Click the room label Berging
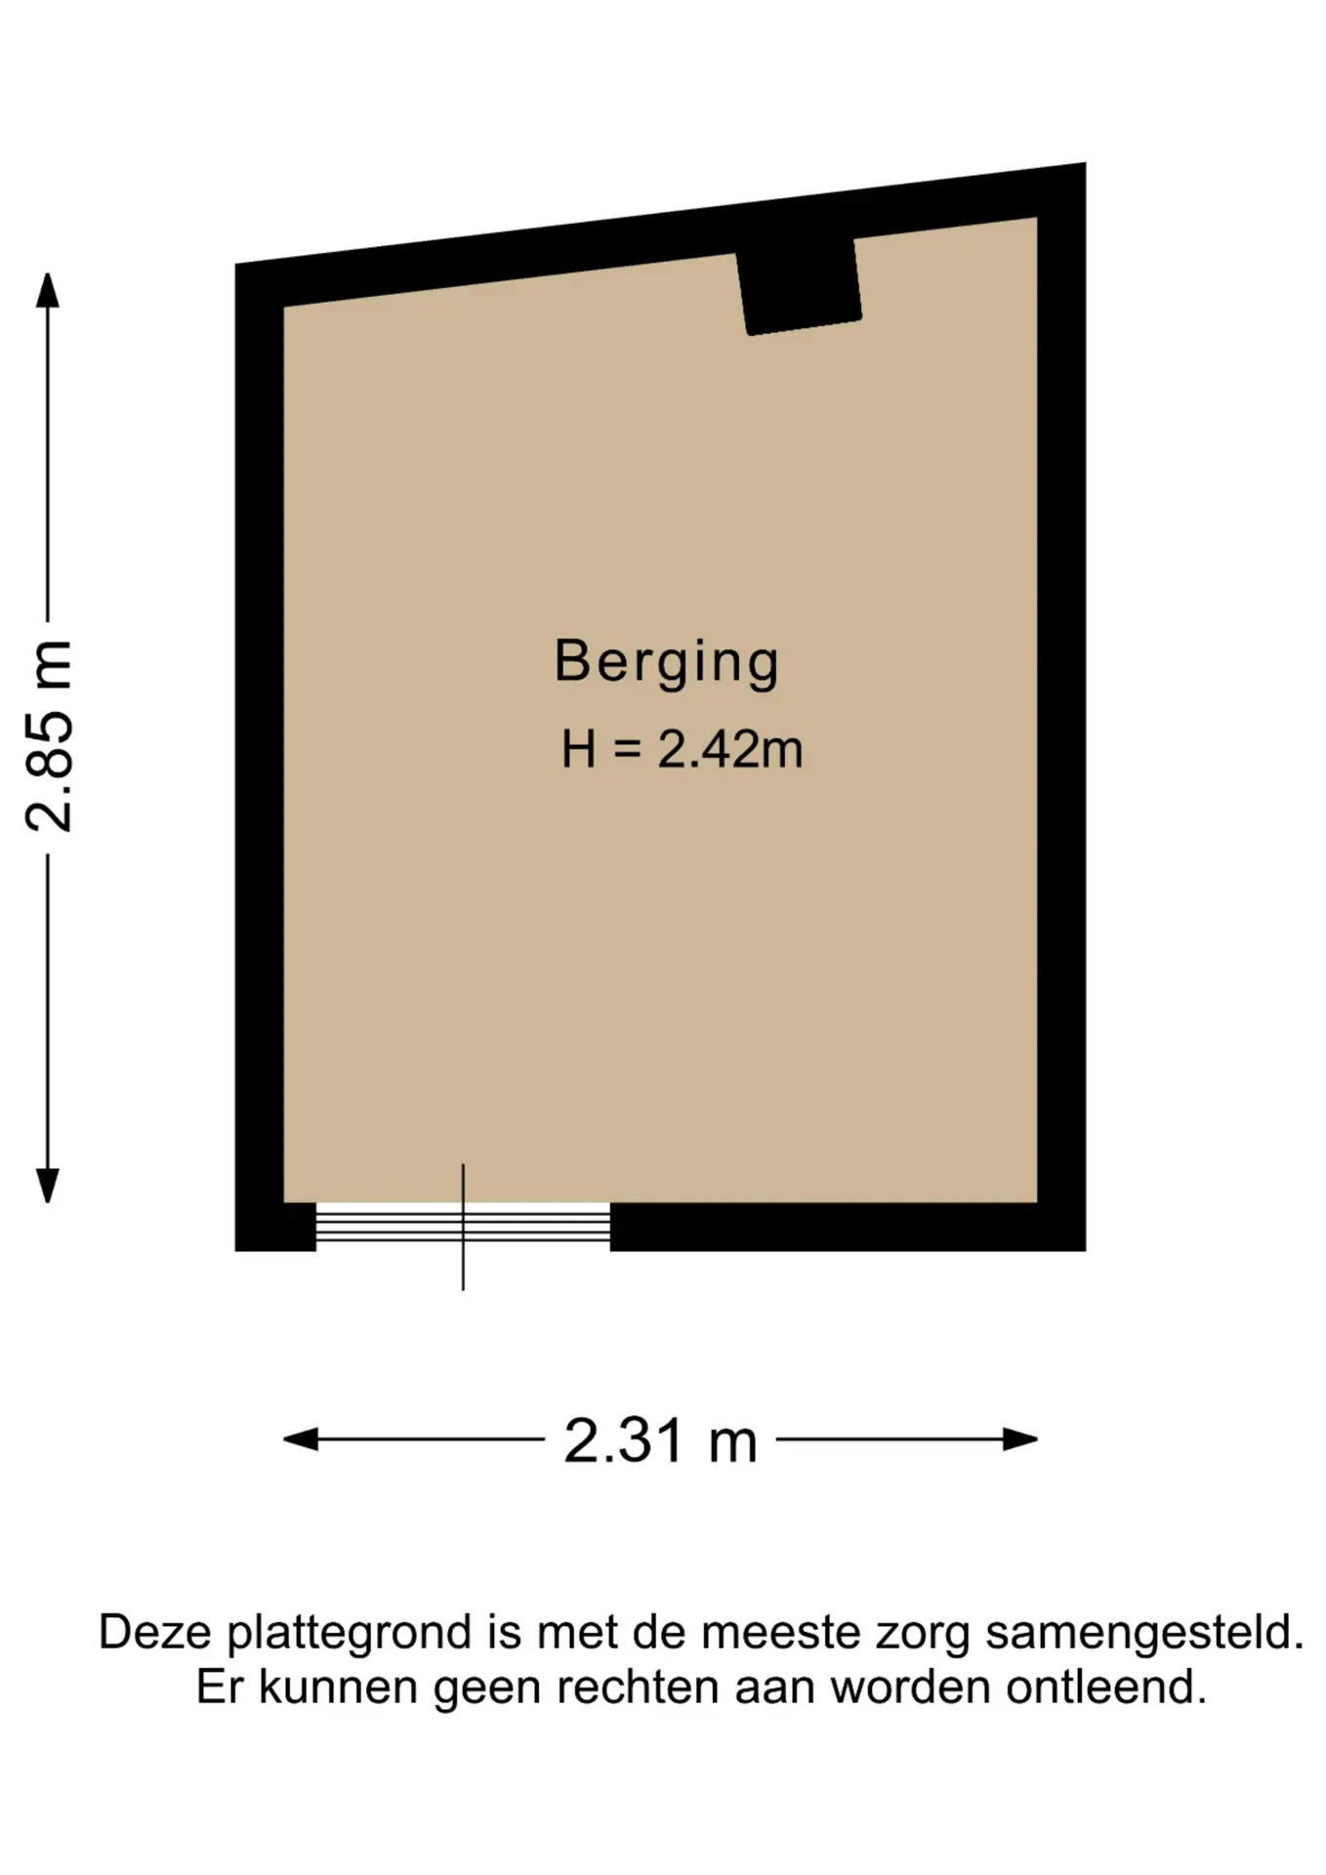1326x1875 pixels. click(x=667, y=663)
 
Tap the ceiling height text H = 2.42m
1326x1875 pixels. click(x=682, y=750)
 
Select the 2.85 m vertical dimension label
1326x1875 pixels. click(x=49, y=735)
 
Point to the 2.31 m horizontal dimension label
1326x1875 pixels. click(x=661, y=1440)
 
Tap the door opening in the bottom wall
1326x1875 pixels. click(x=463, y=1227)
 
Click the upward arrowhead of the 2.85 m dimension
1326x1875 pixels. click(x=47, y=290)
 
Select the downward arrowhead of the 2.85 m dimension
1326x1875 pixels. click(x=47, y=1186)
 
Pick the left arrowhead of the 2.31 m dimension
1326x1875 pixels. click(x=301, y=1438)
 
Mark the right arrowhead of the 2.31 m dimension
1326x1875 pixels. click(x=1020, y=1438)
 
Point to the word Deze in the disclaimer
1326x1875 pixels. click(x=157, y=1633)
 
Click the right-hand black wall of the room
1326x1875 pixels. click(x=1061, y=708)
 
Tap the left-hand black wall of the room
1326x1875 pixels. click(x=259, y=757)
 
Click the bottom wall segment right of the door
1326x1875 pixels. click(x=848, y=1227)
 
